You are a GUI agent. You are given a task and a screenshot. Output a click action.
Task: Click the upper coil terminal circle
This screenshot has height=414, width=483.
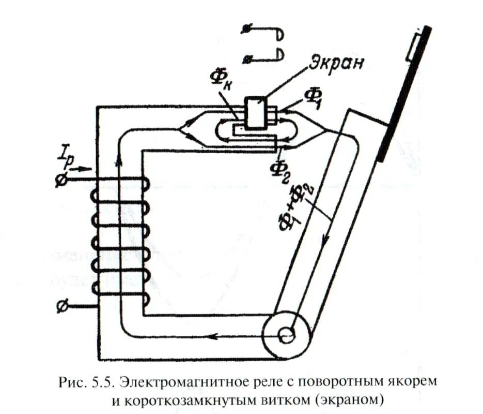60,180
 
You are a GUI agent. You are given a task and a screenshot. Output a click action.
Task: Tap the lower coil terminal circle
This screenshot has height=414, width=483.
60,307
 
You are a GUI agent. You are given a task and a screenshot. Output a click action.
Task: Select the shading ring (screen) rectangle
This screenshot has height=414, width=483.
256,112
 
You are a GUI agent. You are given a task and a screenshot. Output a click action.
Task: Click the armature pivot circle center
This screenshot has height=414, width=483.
286,335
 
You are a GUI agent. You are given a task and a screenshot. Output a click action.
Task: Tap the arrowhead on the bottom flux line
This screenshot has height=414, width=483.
210,337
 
